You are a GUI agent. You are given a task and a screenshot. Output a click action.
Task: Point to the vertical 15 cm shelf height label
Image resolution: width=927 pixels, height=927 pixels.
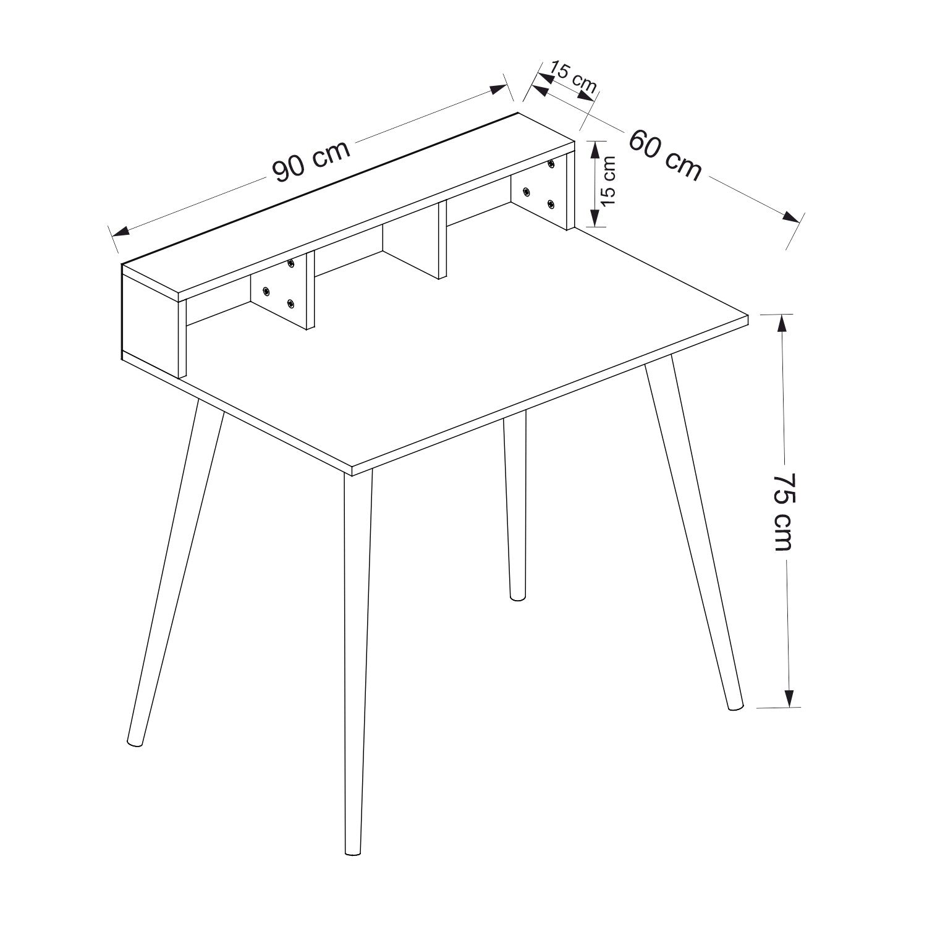point(608,180)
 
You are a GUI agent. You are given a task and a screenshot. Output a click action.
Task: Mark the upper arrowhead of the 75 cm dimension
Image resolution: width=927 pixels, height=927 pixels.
point(782,325)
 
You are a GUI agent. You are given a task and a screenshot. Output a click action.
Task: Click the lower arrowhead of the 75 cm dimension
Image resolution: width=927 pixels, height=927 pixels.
point(789,696)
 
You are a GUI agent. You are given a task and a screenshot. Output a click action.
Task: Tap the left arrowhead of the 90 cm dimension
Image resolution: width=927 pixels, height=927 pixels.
point(119,232)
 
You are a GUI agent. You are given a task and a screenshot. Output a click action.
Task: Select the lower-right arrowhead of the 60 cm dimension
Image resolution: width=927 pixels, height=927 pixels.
point(791,217)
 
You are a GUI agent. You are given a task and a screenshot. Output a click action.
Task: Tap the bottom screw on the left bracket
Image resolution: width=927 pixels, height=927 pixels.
point(290,303)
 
